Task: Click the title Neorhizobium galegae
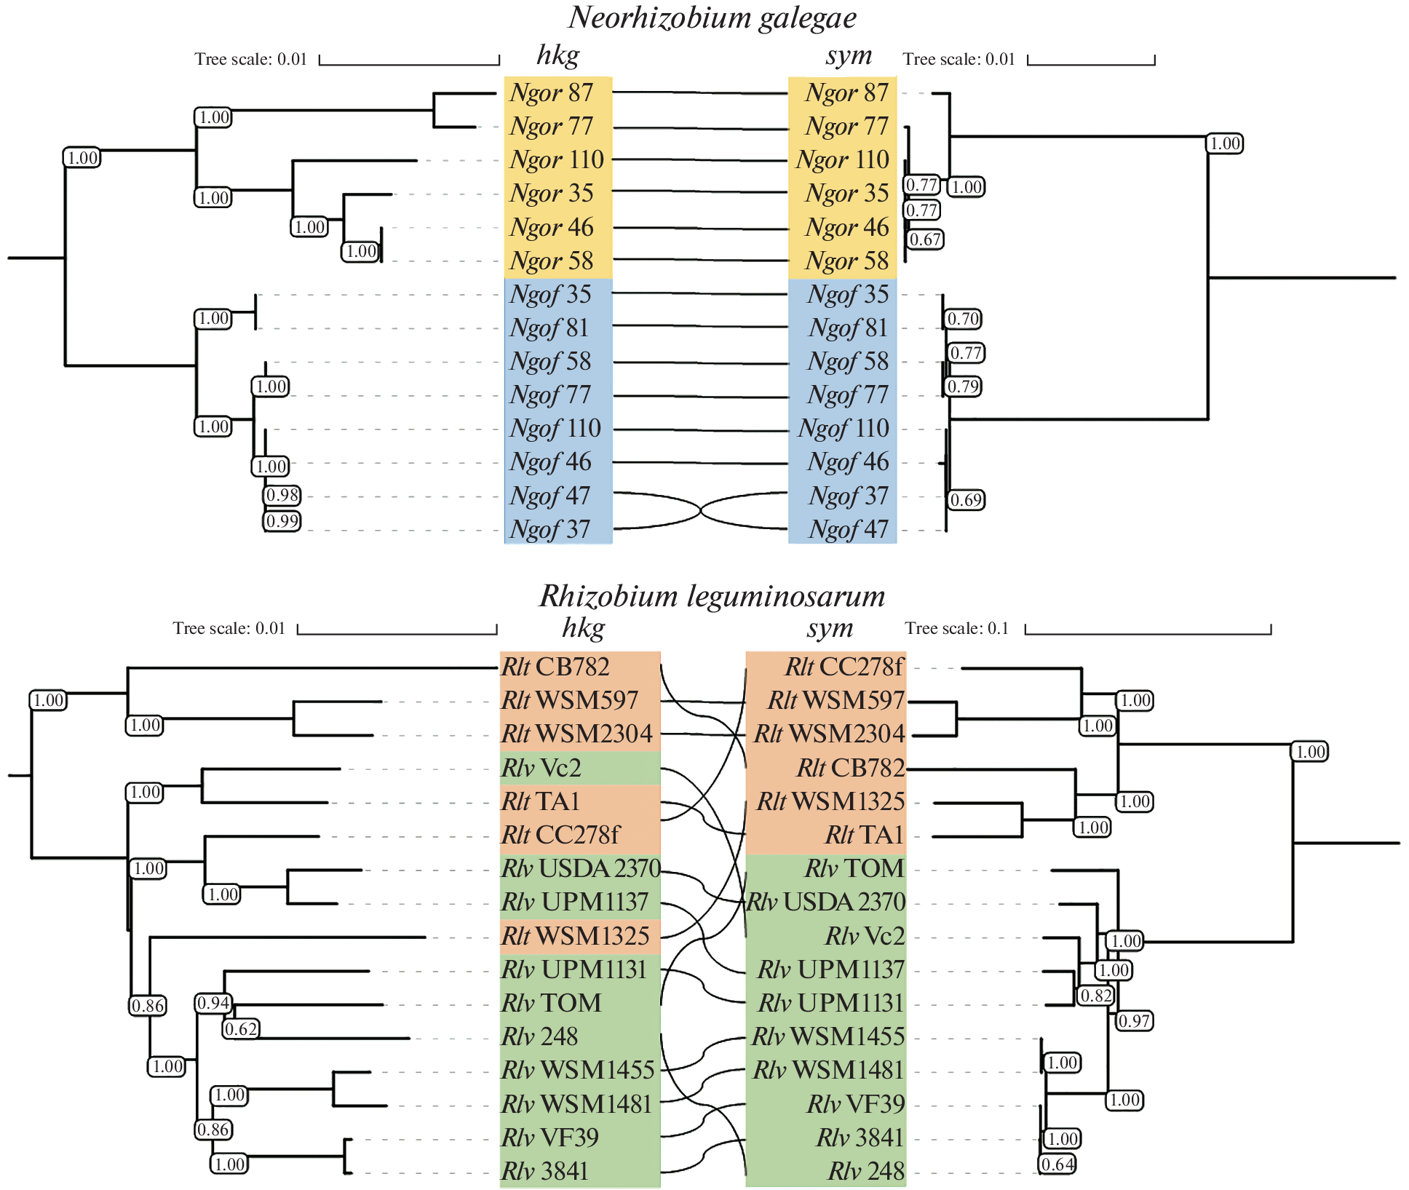[712, 17]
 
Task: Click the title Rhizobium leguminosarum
[712, 596]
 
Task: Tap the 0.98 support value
[282, 496]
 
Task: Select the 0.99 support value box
[282, 521]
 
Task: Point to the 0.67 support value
[926, 239]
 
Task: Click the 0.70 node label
[964, 319]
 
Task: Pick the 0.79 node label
[964, 386]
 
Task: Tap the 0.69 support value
[967, 500]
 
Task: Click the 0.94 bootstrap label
[213, 1004]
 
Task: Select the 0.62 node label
[241, 1029]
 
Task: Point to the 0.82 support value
[1096, 996]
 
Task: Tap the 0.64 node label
[1057, 1165]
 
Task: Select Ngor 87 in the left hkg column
[552, 93]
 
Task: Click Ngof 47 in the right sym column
[848, 529]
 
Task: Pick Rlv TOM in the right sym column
[854, 869]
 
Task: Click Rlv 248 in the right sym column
[866, 1172]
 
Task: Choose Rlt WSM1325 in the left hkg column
[575, 936]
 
